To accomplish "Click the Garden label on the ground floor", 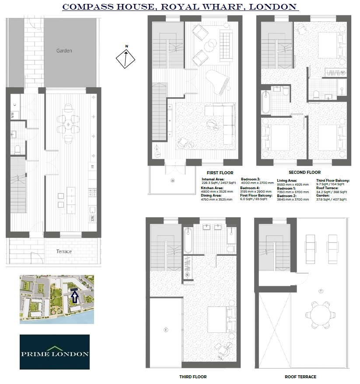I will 64,51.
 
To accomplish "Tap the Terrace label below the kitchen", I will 64,251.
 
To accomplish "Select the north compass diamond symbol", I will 126,58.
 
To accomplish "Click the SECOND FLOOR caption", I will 305,173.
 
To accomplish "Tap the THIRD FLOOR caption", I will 192,377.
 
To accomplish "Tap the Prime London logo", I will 55,352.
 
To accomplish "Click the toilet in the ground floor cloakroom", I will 18,149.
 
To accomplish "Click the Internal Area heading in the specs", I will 213,180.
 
